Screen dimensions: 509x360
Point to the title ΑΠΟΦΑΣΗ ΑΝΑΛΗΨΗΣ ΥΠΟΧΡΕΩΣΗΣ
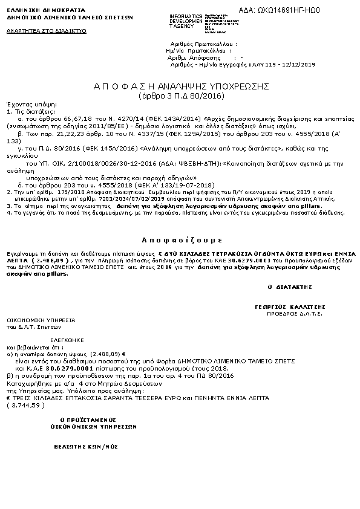coord(182,86)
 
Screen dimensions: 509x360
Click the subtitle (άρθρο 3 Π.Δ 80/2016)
coord(182,96)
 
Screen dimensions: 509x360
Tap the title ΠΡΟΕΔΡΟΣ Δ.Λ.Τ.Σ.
coord(286,314)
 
